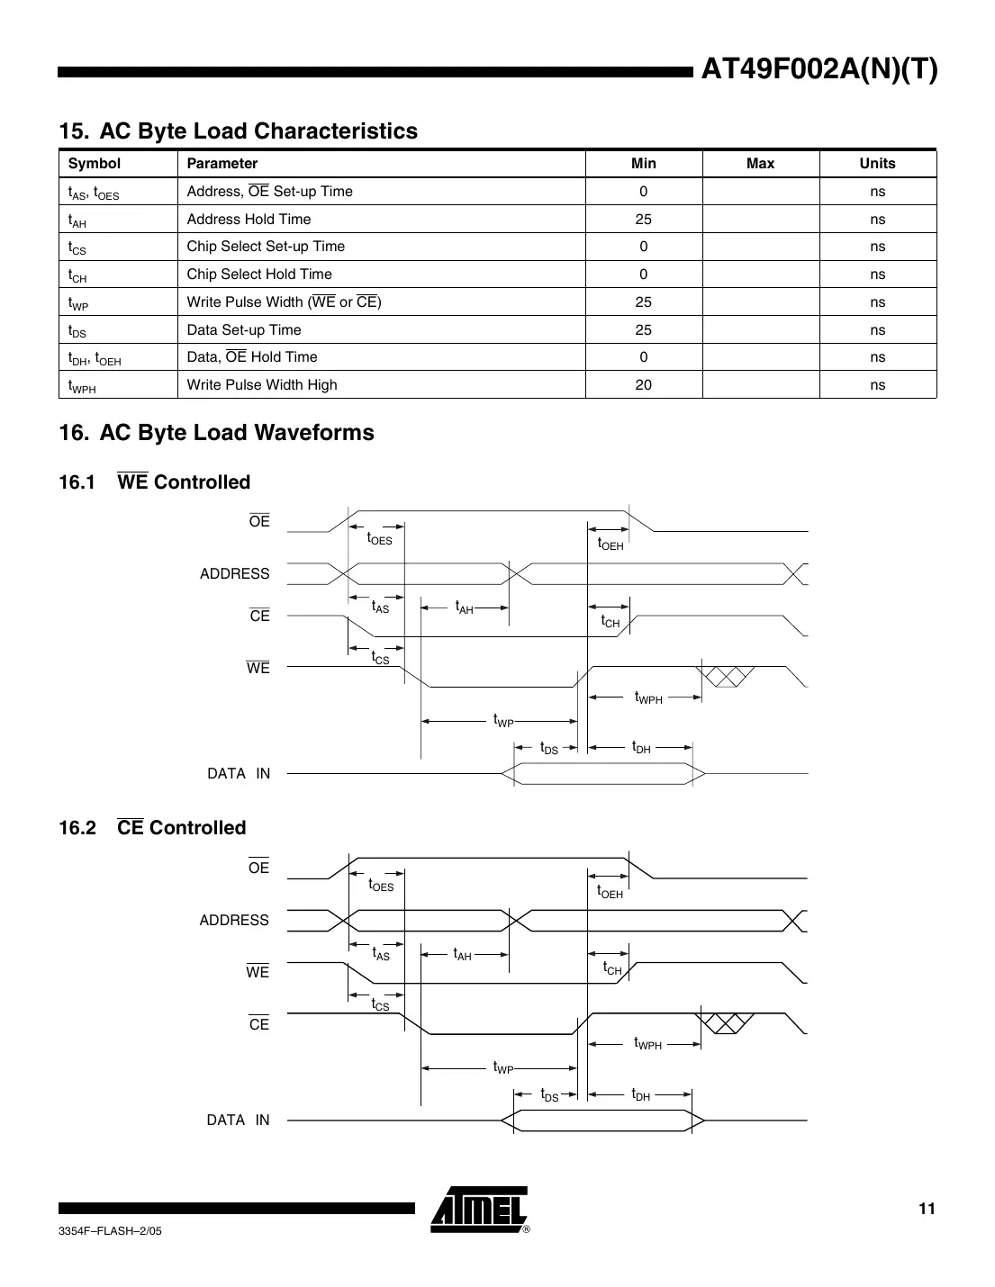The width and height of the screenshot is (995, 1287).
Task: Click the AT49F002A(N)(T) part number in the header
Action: click(x=819, y=69)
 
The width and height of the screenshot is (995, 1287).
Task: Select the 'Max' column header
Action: click(x=760, y=164)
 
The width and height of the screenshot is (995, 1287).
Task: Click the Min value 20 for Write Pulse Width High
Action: click(x=643, y=385)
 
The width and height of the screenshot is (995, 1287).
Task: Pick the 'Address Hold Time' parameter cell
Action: click(x=249, y=220)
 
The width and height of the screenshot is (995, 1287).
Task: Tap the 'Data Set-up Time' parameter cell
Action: click(x=244, y=330)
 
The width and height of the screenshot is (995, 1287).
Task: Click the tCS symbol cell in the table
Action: click(x=77, y=247)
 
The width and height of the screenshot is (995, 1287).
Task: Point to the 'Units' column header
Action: click(x=877, y=164)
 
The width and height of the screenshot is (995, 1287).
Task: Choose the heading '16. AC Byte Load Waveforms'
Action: click(x=216, y=433)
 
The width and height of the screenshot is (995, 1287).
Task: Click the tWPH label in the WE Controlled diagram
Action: click(x=648, y=697)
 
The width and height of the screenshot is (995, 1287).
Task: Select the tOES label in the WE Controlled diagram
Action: click(x=379, y=539)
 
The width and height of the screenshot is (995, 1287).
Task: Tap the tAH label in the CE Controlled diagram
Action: click(x=462, y=955)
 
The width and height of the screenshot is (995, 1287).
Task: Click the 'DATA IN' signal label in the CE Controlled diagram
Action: click(x=238, y=1120)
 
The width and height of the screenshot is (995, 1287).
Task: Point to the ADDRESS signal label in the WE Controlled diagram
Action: click(x=234, y=574)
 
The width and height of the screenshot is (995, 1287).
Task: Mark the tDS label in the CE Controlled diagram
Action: click(x=549, y=1095)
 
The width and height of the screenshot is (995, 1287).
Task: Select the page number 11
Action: click(x=927, y=1209)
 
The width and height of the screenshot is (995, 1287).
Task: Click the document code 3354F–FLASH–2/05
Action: click(x=110, y=1231)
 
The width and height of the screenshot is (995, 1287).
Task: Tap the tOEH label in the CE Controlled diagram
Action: click(x=610, y=892)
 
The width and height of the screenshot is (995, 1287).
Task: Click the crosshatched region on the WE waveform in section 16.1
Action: click(x=727, y=676)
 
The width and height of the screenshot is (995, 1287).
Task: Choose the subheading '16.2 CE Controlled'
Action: click(x=152, y=828)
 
